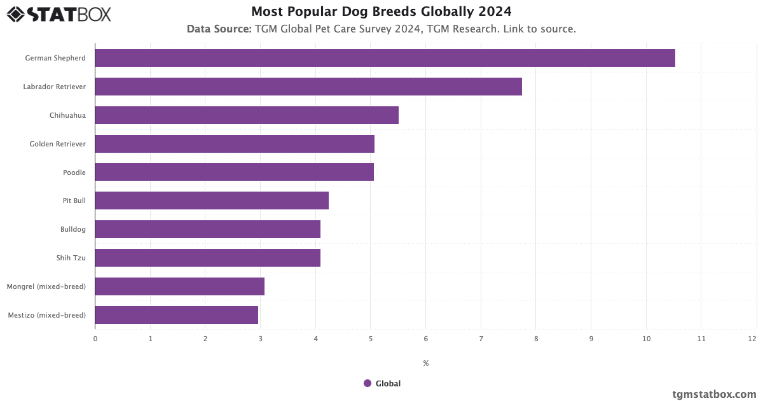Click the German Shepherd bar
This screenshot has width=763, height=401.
pyautogui.click(x=385, y=58)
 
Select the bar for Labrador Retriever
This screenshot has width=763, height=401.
pyautogui.click(x=308, y=87)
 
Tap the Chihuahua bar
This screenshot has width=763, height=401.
pyautogui.click(x=247, y=115)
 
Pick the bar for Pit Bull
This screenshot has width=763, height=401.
pyautogui.click(x=212, y=200)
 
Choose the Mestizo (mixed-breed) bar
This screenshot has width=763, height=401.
pyautogui.click(x=176, y=315)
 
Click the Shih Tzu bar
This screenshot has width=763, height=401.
pyautogui.click(x=207, y=258)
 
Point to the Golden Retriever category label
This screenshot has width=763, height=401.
pyautogui.click(x=57, y=144)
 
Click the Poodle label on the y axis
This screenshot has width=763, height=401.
pyautogui.click(x=74, y=172)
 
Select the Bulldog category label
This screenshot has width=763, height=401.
pyautogui.click(x=73, y=229)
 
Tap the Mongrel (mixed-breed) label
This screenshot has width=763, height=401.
pyautogui.click(x=46, y=286)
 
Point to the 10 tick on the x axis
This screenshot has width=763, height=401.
pyautogui.click(x=646, y=339)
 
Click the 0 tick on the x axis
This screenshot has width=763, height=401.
pyautogui.click(x=95, y=339)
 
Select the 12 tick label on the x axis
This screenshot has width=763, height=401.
pyautogui.click(x=752, y=339)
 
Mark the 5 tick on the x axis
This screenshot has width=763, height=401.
pyautogui.click(x=371, y=339)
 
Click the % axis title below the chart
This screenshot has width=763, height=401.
pyautogui.click(x=425, y=363)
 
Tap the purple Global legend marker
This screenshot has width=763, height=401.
pyautogui.click(x=368, y=383)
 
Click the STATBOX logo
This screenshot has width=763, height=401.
pyautogui.click(x=59, y=14)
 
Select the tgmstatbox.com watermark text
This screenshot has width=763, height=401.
pyautogui.click(x=714, y=394)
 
